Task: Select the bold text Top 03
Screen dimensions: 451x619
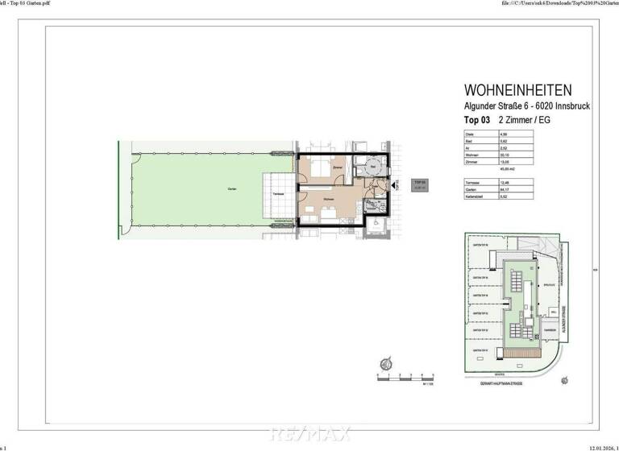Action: coord(477,119)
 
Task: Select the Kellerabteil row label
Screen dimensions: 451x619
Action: coord(474,197)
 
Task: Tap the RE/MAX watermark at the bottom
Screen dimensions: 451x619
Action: coord(309,434)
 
